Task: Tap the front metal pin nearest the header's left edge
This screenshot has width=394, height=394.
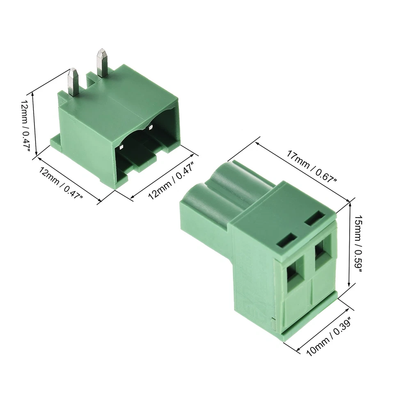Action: (73, 82)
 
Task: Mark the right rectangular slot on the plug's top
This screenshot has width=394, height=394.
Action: (315, 218)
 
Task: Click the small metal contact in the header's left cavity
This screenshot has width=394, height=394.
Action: (122, 147)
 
